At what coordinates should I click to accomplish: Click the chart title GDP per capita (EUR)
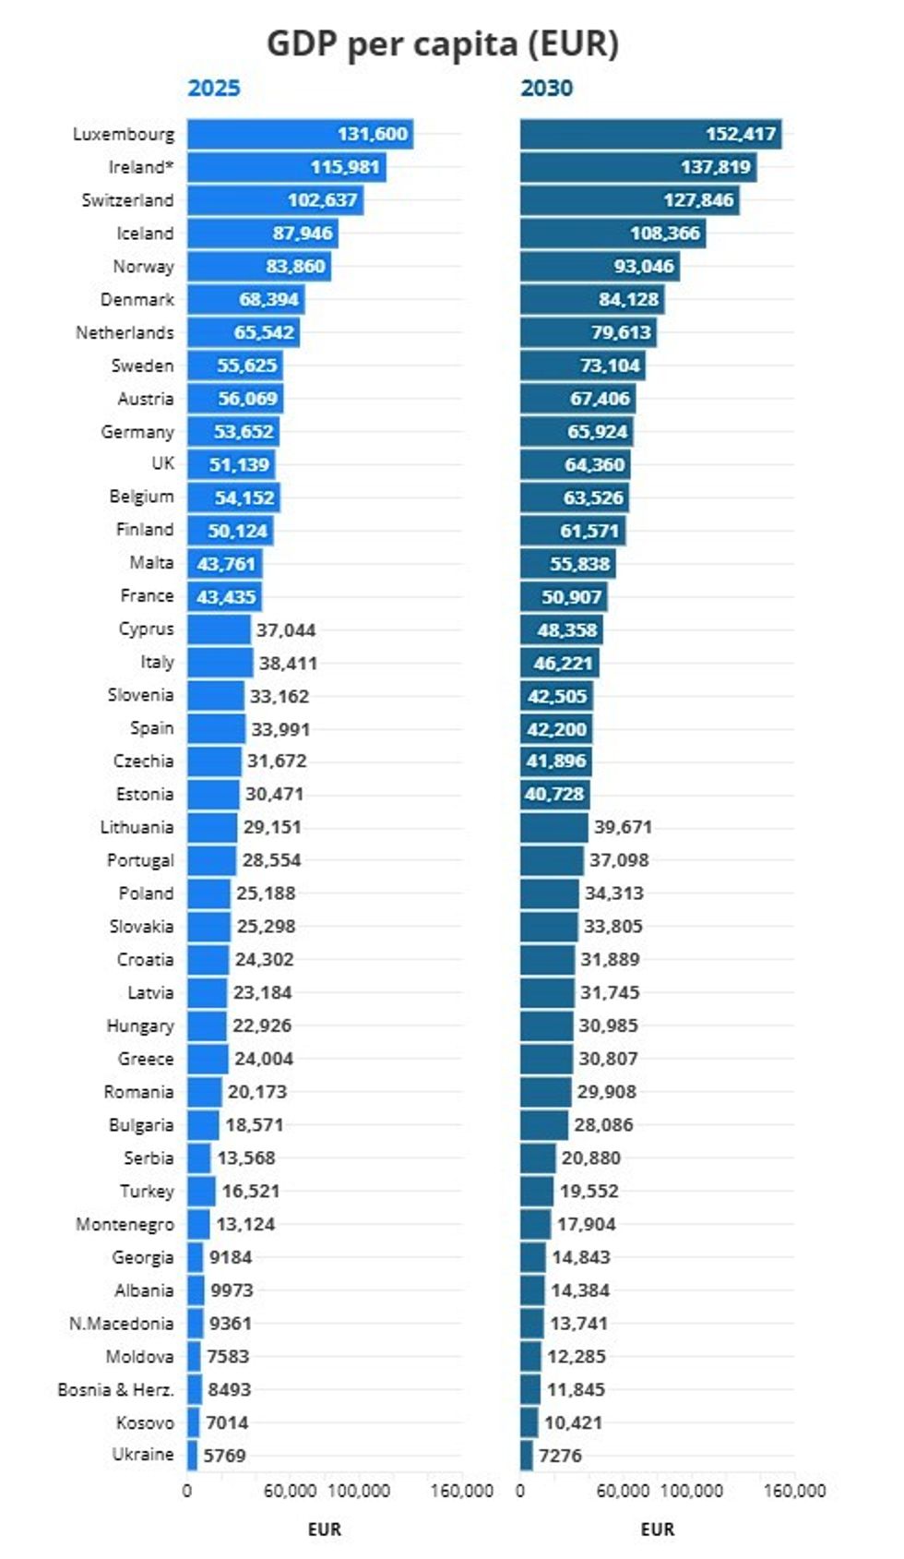coord(442,43)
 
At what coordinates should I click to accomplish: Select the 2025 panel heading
coord(213,88)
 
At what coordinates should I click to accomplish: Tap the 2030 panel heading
coord(546,88)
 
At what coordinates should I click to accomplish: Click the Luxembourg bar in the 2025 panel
coord(300,134)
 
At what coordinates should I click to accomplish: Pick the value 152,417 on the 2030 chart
coord(741,134)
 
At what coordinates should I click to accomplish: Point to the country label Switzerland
coord(127,200)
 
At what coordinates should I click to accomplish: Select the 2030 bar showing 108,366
coord(613,233)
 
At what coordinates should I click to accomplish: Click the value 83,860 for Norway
coord(295,266)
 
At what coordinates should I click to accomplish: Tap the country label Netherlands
coord(125,332)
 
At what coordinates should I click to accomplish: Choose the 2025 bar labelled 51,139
coord(231,464)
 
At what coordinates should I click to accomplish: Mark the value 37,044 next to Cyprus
coord(286,630)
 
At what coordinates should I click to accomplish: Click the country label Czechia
coord(143,761)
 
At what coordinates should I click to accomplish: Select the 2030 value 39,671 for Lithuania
coord(623,827)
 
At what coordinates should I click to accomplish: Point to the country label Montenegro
coord(125,1224)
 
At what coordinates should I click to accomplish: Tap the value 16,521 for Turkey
coord(250,1191)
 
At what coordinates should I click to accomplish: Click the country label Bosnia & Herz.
coord(115,1389)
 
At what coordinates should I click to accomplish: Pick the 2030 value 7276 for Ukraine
coord(560,1456)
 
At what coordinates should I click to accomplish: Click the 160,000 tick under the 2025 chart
coord(461,1491)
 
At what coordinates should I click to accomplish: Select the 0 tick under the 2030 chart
coord(520,1491)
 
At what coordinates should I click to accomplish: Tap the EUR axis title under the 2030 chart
coord(657,1529)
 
